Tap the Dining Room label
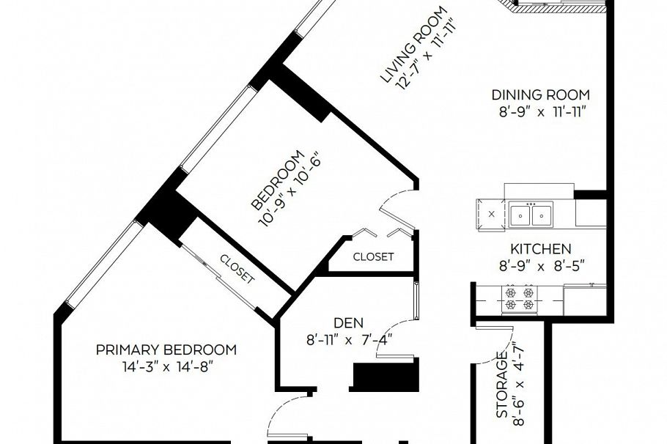click(x=541, y=95)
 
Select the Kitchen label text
click(x=541, y=248)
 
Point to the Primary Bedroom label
click(x=166, y=350)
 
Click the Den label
click(x=348, y=323)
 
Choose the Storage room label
click(x=502, y=385)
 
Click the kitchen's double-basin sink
click(x=531, y=215)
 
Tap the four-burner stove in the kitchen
click(x=520, y=299)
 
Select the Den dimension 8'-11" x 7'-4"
click(x=349, y=340)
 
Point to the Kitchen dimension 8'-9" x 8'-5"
click(x=542, y=266)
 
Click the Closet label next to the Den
click(x=374, y=257)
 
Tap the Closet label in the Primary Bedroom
click(x=237, y=269)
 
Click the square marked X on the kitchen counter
click(x=492, y=214)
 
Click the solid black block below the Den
click(x=386, y=376)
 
